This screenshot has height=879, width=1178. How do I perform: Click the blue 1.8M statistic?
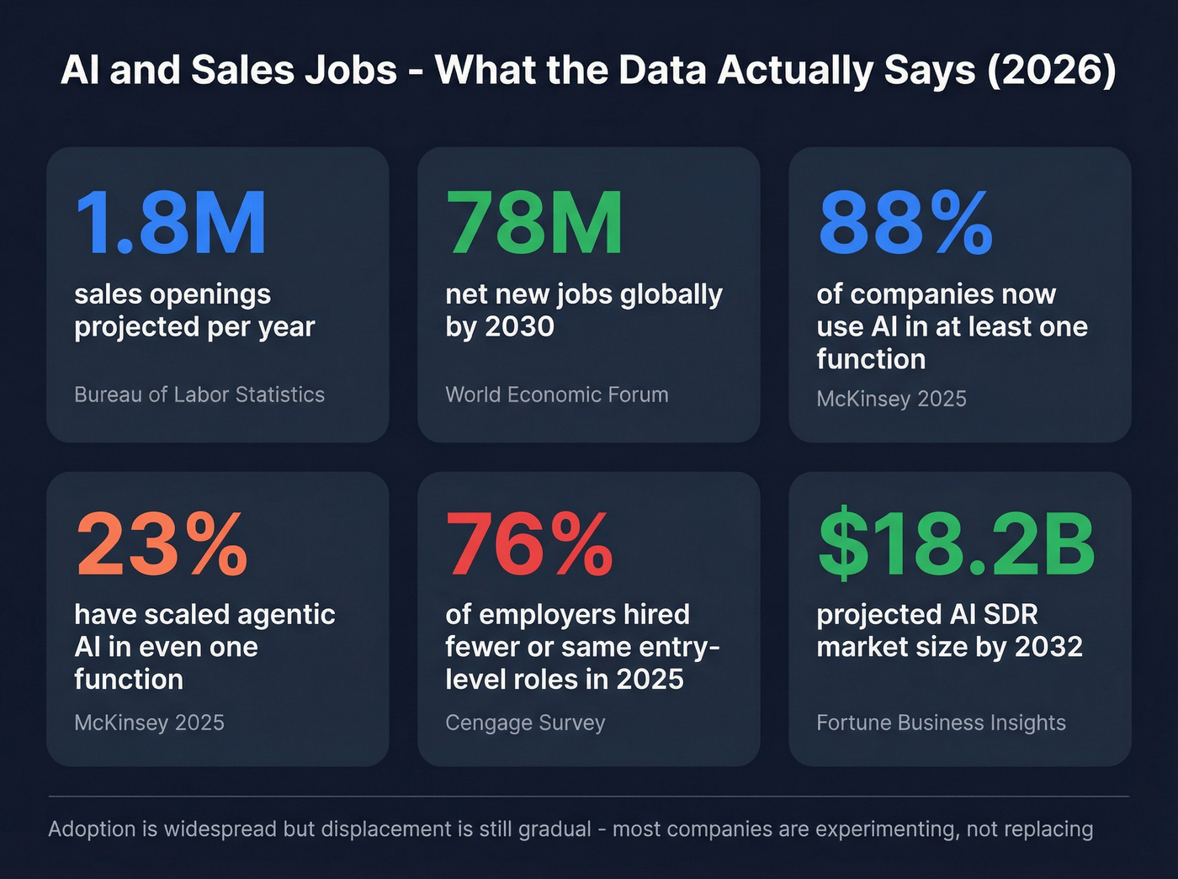171,223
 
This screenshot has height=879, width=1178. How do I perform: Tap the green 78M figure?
534,223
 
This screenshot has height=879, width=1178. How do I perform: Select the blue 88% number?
905,223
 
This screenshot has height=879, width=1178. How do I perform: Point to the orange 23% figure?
162,545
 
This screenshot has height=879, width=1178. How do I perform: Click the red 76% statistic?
529,545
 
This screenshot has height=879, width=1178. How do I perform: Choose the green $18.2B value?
956,545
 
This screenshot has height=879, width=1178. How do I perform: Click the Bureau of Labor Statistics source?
199,394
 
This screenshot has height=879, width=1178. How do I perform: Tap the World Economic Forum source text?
556,394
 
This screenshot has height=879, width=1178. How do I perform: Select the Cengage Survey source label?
525,723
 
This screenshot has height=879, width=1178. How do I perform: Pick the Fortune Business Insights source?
941,723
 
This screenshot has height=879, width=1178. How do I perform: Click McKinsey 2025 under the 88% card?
891,399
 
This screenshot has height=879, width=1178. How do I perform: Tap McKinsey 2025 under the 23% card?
149,723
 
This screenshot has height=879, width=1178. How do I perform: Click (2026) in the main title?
1051,70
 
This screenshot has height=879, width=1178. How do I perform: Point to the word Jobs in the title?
350,70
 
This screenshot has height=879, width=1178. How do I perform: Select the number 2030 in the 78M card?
519,326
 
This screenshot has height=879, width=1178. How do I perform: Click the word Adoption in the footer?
92,829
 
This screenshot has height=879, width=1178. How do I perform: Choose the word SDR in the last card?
1010,615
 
